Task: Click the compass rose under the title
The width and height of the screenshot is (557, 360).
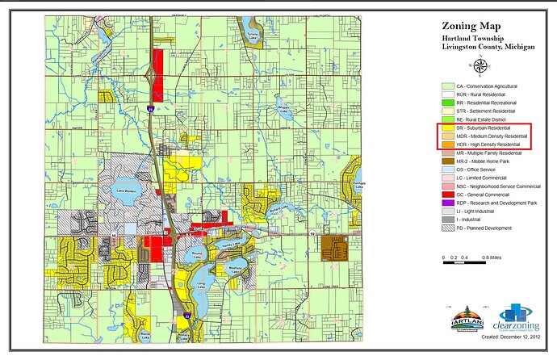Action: point(481,65)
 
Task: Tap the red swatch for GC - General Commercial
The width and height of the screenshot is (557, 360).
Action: point(446,195)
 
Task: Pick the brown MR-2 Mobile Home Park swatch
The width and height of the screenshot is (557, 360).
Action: point(446,161)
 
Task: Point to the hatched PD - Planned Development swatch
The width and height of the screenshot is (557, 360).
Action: point(446,228)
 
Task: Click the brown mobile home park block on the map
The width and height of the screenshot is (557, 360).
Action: point(333,246)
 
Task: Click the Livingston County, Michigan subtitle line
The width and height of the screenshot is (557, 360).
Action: point(488,47)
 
